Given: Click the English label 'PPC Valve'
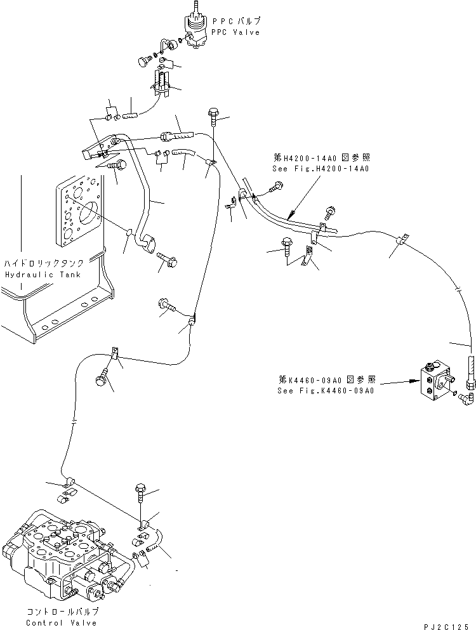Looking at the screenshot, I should coord(235,32).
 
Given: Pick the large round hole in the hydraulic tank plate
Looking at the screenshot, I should coord(87,214).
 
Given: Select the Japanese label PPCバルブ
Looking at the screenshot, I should coord(235,22).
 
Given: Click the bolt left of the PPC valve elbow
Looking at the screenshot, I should coord(143,62).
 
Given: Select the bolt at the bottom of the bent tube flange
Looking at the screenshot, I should coord(167,260).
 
